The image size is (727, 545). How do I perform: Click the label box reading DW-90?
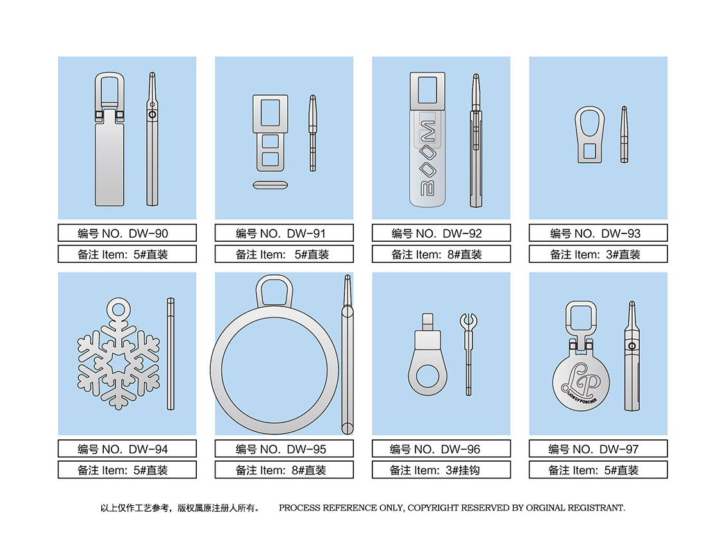(127, 233)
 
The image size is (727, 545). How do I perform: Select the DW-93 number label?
(598, 233)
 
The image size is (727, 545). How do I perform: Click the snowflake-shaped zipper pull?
(119, 353)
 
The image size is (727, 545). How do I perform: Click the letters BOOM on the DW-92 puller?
(428, 158)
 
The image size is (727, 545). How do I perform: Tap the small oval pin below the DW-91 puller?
(271, 185)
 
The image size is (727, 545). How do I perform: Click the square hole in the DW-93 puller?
(590, 151)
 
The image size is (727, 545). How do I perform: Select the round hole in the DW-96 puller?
(428, 376)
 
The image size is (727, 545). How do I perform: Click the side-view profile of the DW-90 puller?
(152, 138)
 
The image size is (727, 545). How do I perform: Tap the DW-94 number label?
(127, 449)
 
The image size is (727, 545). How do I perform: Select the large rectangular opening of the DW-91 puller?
(271, 113)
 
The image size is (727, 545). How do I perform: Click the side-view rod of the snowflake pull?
(171, 354)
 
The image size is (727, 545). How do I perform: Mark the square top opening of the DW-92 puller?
(428, 90)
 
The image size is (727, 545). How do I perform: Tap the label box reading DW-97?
(598, 449)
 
